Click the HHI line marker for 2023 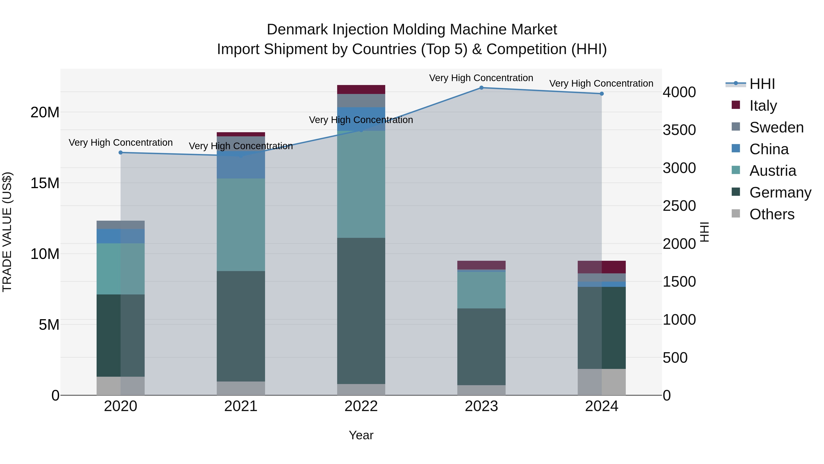481,88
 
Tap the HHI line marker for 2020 121,152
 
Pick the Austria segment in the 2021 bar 241,225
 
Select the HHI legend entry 762,84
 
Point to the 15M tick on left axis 45,183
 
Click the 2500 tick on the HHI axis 679,206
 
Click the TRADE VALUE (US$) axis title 7,232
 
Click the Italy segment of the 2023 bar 481,265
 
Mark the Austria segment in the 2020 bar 121,269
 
